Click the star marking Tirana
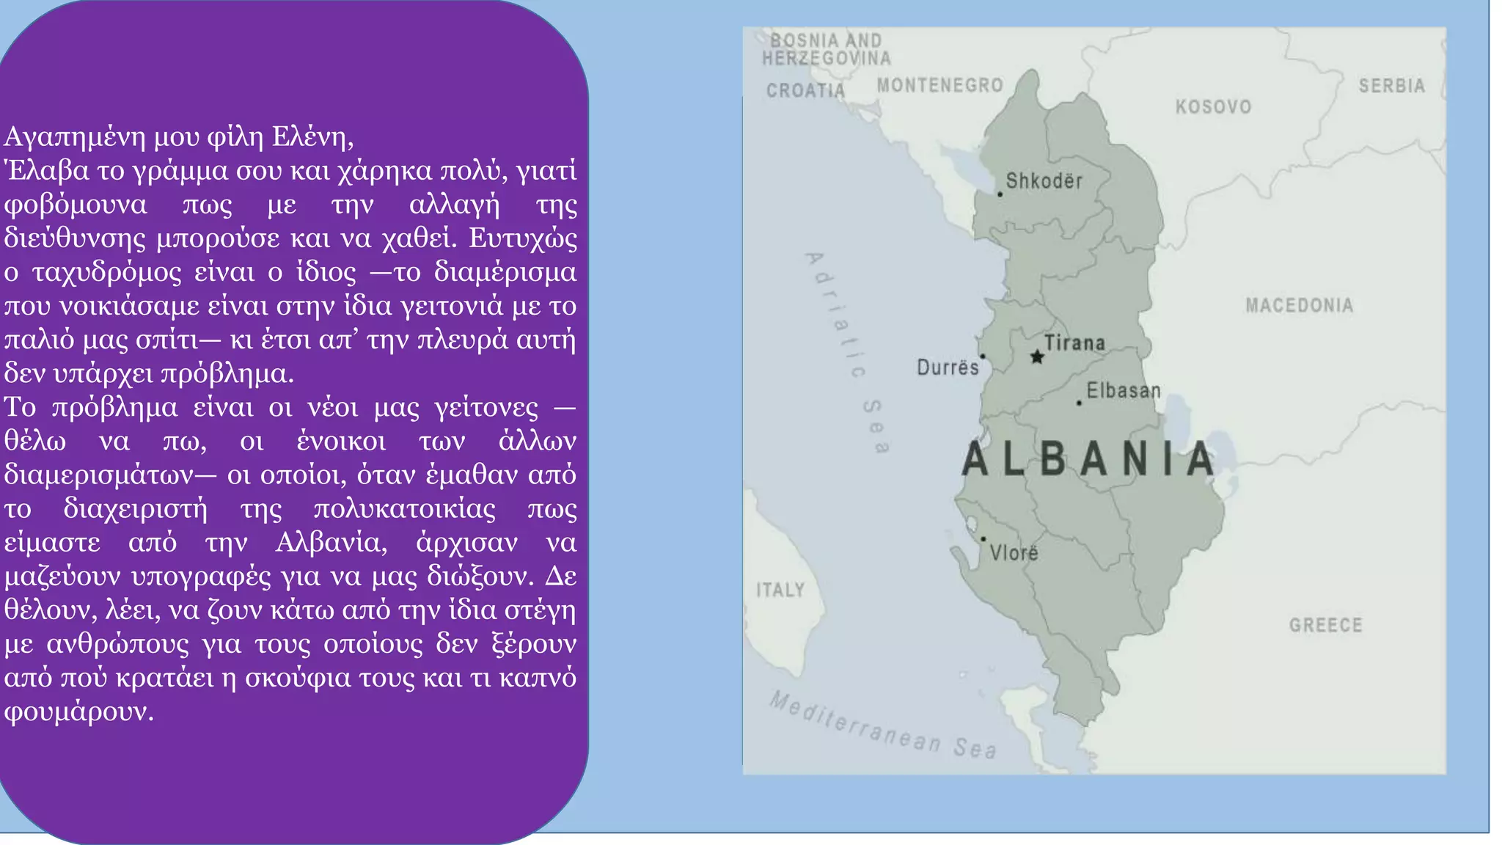(x=1037, y=357)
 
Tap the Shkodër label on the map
(x=1044, y=181)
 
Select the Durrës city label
(x=948, y=367)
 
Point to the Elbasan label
(x=1124, y=391)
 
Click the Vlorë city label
(x=1014, y=553)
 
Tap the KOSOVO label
(x=1213, y=107)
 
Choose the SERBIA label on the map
(x=1391, y=86)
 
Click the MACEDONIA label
(x=1299, y=305)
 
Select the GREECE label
(x=1325, y=626)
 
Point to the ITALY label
(x=780, y=590)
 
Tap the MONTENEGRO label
(x=939, y=86)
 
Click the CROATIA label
(x=805, y=91)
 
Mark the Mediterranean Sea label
(x=883, y=725)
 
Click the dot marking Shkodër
(x=1000, y=194)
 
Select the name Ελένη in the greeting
(x=312, y=137)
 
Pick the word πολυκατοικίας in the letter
(x=404, y=509)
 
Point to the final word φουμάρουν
(x=78, y=712)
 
